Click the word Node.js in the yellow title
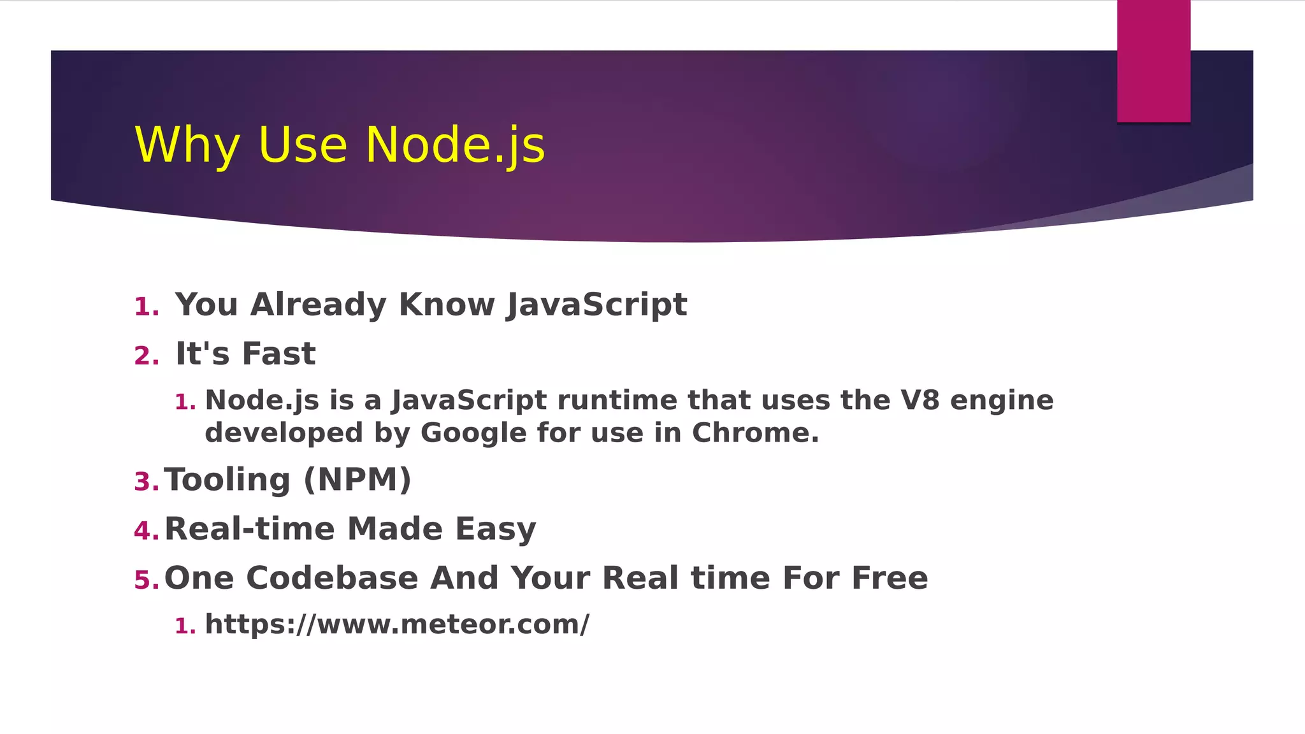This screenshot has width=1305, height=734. point(455,145)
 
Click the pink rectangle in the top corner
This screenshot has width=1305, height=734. point(1153,61)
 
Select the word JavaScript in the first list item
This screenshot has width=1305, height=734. point(596,305)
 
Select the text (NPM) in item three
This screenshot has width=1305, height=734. point(357,480)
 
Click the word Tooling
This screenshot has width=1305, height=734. point(227,480)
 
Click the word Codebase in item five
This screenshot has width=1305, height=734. point(332,578)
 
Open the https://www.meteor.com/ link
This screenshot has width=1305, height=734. point(397,624)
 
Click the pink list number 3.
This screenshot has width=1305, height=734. point(146,482)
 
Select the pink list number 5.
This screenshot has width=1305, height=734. point(146,580)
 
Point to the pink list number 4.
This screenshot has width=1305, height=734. point(146,531)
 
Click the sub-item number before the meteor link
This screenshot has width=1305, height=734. point(184,626)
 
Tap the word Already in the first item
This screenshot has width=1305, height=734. point(318,305)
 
